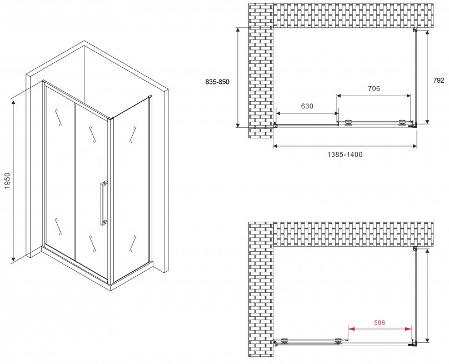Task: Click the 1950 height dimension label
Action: point(7,181)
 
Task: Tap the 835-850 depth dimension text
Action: point(217,82)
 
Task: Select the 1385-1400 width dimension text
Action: point(345,154)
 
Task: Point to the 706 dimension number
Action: point(374,89)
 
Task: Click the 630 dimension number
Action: point(307,106)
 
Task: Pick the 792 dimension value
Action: point(438,81)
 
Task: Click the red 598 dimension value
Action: point(380,322)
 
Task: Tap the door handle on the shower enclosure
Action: point(104,203)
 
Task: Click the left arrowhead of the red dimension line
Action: point(351,329)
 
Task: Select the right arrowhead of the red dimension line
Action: point(408,329)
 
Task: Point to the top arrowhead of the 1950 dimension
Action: point(13,103)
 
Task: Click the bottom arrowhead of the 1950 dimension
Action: point(13,259)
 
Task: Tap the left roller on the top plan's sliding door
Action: point(348,122)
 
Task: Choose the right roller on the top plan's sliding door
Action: point(402,122)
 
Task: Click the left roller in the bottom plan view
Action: point(285,341)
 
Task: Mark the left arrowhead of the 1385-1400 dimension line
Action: point(276,146)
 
